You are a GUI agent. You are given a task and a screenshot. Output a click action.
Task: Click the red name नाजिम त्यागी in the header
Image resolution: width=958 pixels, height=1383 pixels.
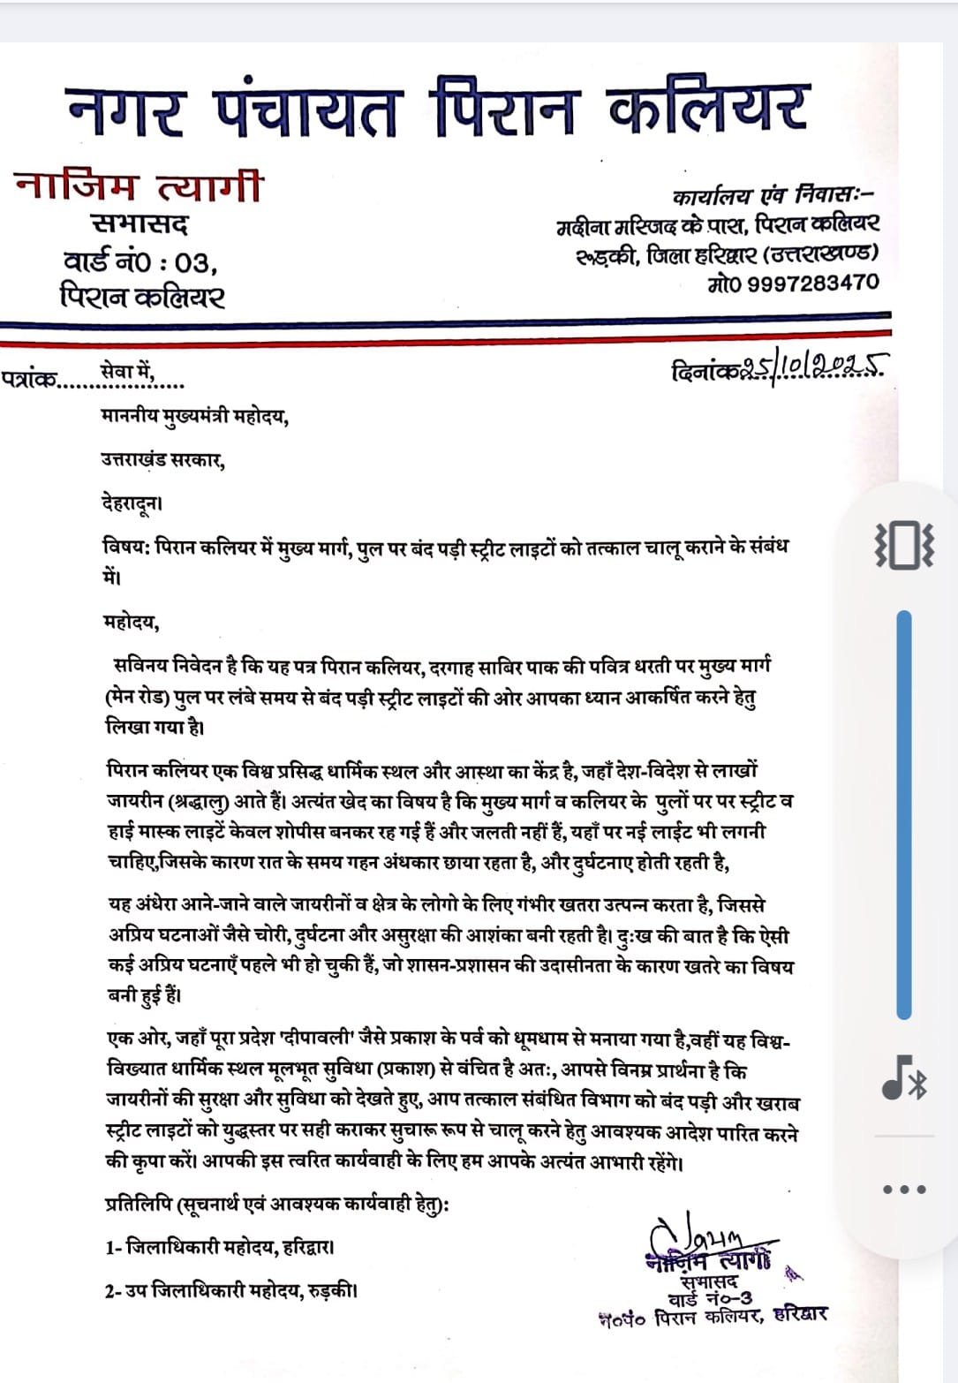click(139, 186)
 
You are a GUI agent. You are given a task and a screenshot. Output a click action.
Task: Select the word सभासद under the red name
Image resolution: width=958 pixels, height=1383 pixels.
click(140, 226)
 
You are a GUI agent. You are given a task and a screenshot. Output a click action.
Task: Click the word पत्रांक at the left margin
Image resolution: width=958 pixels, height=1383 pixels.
click(29, 381)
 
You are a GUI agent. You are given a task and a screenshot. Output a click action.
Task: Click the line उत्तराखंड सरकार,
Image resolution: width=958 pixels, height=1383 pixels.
click(162, 459)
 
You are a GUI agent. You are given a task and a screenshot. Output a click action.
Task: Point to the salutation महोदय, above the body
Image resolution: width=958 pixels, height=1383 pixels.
click(131, 623)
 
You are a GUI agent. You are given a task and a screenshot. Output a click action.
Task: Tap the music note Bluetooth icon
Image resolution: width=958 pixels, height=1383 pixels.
click(903, 1078)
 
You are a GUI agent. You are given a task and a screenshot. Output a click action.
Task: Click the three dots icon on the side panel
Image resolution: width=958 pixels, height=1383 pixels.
click(904, 1189)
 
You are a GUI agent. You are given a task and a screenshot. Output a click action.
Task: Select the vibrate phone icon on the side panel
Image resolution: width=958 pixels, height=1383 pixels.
click(903, 544)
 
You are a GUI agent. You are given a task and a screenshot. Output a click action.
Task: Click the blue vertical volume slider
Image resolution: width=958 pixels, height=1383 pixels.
click(903, 812)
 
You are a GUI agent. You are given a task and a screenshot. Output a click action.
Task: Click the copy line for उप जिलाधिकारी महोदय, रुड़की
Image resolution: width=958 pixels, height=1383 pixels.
click(230, 1291)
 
